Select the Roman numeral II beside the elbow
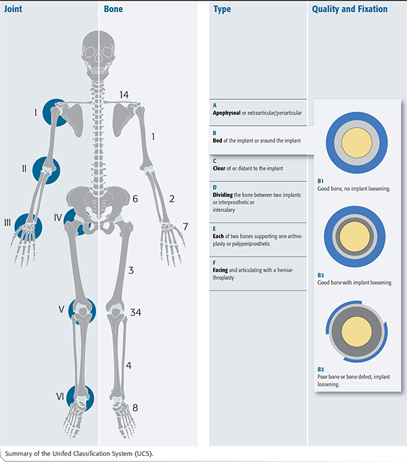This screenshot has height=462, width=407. tap(24, 168)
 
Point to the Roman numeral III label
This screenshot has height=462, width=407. tap(7, 222)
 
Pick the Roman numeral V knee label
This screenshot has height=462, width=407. tap(61, 309)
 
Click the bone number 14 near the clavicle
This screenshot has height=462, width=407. tap(124, 94)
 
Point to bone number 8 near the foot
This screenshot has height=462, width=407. tap(135, 408)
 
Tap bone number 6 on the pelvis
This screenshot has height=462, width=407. tap(135, 199)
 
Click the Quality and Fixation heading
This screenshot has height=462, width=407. tap(349, 10)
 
